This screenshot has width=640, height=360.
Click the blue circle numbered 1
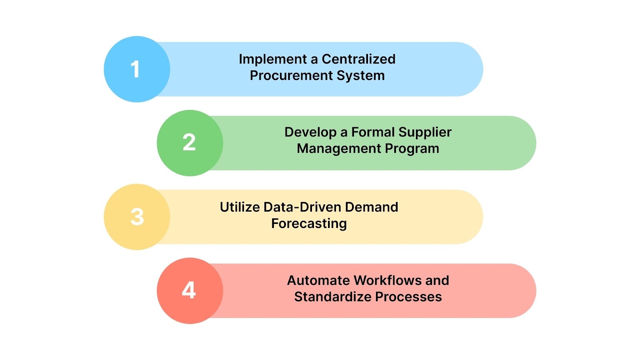tap(137, 69)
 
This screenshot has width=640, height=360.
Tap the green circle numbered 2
tap(190, 143)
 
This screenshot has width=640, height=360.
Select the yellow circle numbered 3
tap(137, 217)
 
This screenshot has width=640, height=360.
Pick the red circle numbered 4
tap(190, 290)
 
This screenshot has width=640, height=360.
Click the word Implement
tap(273, 59)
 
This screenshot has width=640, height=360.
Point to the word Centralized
tap(358, 59)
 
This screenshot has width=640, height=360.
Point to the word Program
tap(414, 149)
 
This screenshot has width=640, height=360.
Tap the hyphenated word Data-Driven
tap(303, 207)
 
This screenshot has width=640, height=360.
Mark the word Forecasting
tap(309, 224)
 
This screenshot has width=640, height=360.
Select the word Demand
tap(372, 207)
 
